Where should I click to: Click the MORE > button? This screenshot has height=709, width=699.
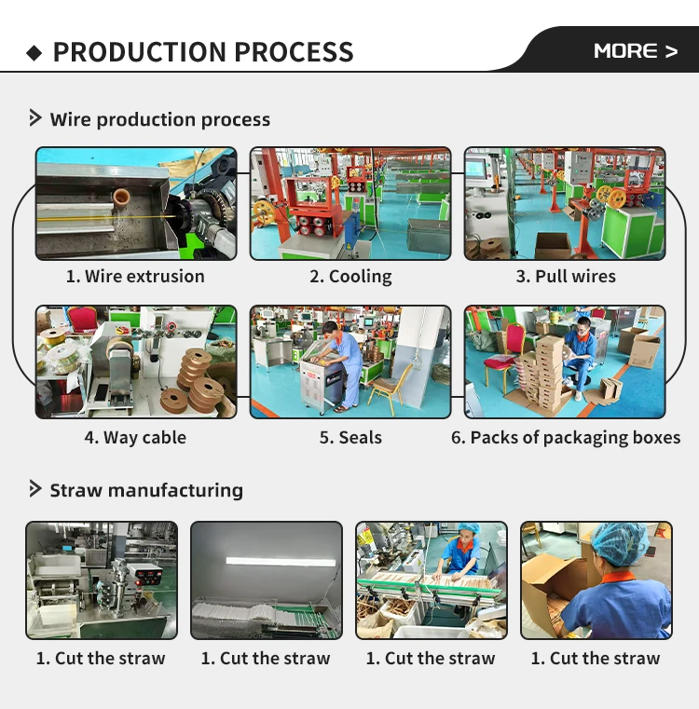pyautogui.click(x=635, y=51)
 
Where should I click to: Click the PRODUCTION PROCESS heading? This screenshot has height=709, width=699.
pyautogui.click(x=203, y=52)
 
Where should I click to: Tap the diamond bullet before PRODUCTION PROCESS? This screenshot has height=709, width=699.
pyautogui.click(x=34, y=53)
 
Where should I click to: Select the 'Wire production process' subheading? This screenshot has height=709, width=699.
pyautogui.click(x=159, y=119)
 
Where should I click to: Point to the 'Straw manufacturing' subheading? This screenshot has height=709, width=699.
pyautogui.click(x=145, y=490)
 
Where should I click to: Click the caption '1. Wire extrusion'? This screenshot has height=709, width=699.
pyautogui.click(x=135, y=276)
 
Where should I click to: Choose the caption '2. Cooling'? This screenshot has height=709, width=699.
pyautogui.click(x=350, y=276)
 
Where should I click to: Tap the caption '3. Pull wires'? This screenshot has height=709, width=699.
pyautogui.click(x=566, y=276)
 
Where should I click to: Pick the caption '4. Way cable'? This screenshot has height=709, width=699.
pyautogui.click(x=135, y=437)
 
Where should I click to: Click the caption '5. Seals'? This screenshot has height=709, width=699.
pyautogui.click(x=350, y=437)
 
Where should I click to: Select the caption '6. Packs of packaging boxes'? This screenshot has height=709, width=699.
pyautogui.click(x=566, y=437)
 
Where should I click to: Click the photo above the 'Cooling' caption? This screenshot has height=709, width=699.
pyautogui.click(x=350, y=203)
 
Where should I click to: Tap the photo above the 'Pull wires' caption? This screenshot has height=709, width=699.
pyautogui.click(x=565, y=203)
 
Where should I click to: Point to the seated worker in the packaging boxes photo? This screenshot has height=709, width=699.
pyautogui.click(x=581, y=352)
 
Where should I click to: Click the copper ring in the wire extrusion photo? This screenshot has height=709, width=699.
pyautogui.click(x=119, y=198)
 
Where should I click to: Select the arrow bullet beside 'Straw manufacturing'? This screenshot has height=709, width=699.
pyautogui.click(x=35, y=489)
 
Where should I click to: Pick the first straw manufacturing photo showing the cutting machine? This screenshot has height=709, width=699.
pyautogui.click(x=101, y=579)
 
